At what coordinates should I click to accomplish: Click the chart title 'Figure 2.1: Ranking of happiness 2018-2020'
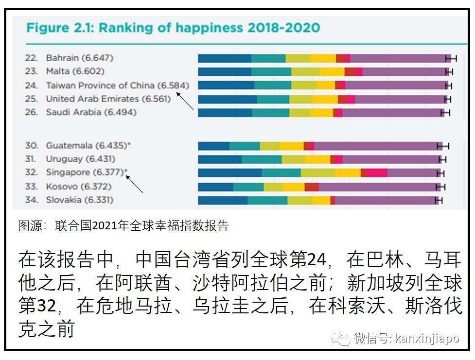tap(173, 27)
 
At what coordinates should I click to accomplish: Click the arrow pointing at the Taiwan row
tap(185, 101)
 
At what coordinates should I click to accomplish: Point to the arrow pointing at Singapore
tap(134, 184)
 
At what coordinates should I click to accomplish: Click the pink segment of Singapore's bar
tap(377, 172)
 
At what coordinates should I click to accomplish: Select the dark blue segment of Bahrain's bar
tap(225, 58)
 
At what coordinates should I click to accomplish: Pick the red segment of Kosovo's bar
tap(312, 187)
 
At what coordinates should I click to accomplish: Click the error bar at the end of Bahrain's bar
tap(452, 58)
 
